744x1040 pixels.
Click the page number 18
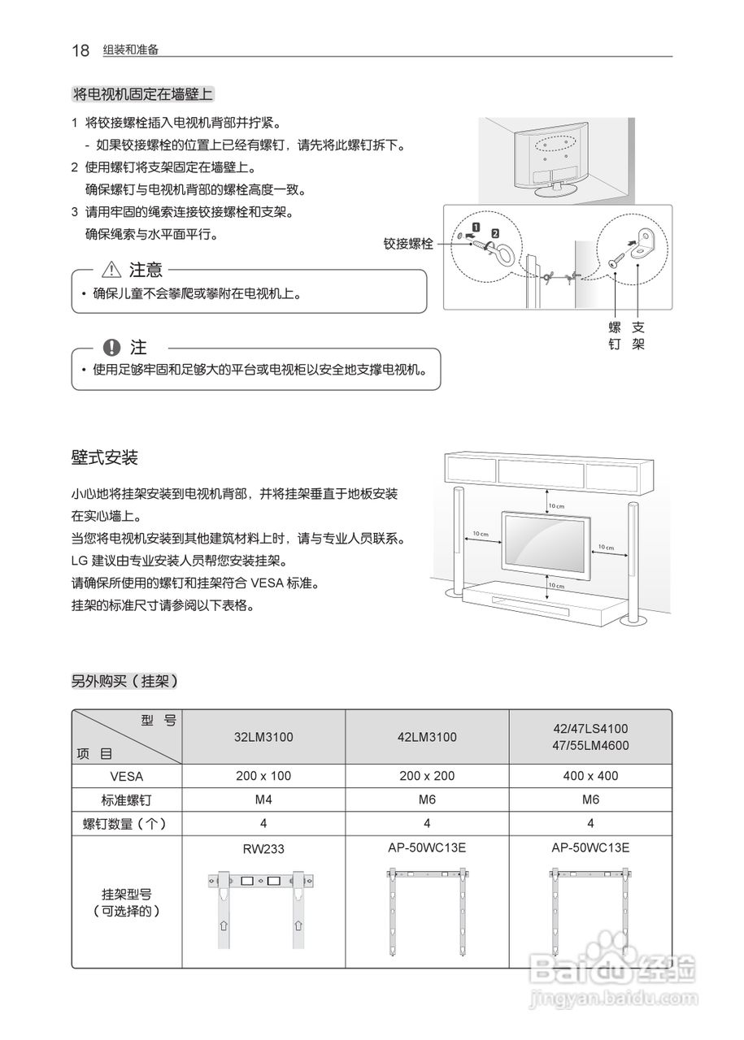coord(80,50)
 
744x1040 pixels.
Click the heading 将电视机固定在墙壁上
coord(143,94)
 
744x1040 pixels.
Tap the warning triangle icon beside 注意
coord(111,270)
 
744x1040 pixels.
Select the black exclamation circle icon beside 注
coord(112,348)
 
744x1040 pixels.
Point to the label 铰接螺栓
coord(408,243)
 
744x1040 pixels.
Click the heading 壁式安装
coord(105,457)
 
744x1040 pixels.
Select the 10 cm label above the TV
coord(555,505)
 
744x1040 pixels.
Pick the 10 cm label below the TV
coord(555,585)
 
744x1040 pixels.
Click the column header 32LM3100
coord(263,737)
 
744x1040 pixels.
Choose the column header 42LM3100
coord(427,737)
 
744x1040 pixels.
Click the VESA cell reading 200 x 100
coord(263,776)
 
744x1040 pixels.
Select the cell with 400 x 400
coord(590,776)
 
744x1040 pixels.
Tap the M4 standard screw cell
coord(263,799)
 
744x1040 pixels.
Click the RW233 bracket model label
coord(263,849)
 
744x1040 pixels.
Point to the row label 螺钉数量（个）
coord(126,823)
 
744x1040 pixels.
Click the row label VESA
coord(126,776)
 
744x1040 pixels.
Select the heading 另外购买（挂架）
coord(124,682)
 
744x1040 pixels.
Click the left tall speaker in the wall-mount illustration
coord(458,540)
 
